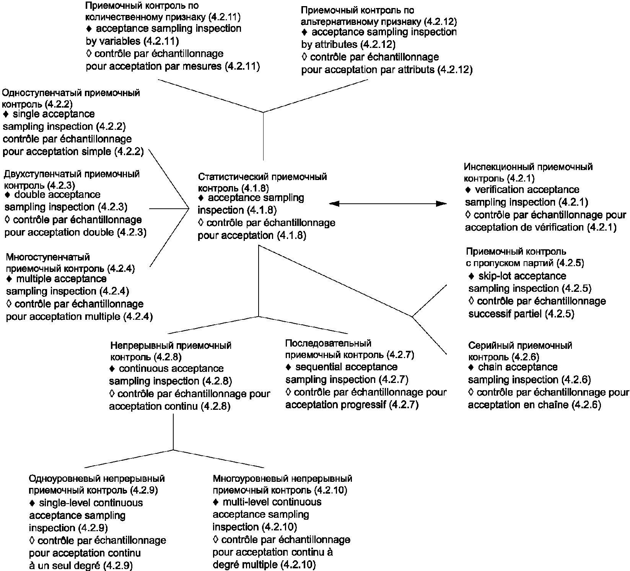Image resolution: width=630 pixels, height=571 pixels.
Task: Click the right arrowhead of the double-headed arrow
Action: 441,204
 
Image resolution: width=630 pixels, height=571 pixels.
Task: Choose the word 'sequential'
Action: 319,367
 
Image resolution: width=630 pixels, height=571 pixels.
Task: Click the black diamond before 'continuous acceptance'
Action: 112,369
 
